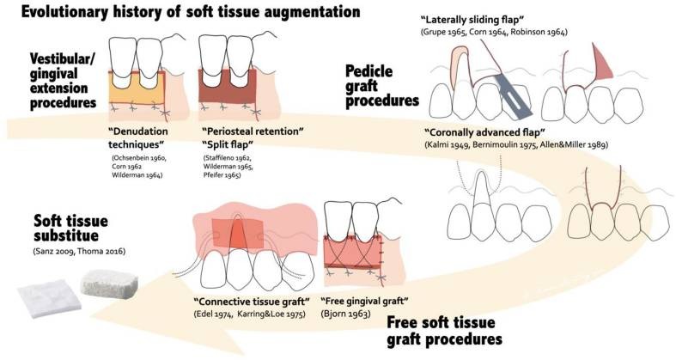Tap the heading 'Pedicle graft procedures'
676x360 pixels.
click(x=380, y=85)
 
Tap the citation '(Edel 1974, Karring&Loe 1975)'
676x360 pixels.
click(x=247, y=315)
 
